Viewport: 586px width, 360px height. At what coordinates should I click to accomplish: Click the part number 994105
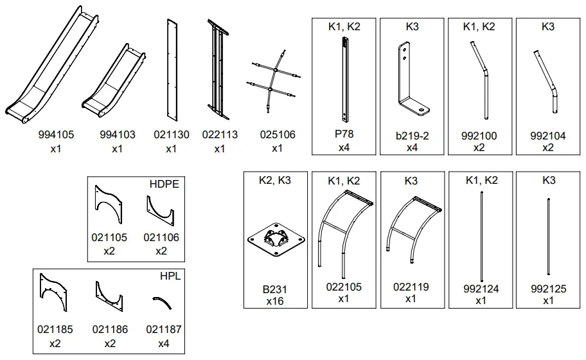tap(56, 135)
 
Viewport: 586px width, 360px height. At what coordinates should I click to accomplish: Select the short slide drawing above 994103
tap(114, 81)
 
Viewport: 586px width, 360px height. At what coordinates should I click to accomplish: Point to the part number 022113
tap(220, 135)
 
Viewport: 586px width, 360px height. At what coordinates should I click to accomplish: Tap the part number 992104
tap(548, 136)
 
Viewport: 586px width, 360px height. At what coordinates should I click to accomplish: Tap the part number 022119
tap(411, 287)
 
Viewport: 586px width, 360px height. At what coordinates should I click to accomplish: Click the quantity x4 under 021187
tap(164, 343)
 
